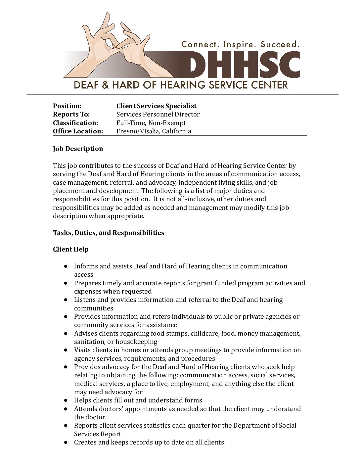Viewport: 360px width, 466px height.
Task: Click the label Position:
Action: pyautogui.click(x=67, y=106)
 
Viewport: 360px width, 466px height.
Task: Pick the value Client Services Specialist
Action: pyautogui.click(x=156, y=106)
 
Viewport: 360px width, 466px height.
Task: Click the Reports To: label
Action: pyautogui.click(x=71, y=114)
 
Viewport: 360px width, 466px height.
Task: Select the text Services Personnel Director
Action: pyautogui.click(x=158, y=114)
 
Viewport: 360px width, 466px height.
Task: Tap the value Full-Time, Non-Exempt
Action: pyautogui.click(x=151, y=123)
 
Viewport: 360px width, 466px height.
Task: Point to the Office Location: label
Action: pyautogui.click(x=78, y=131)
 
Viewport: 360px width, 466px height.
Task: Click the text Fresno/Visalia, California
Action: pyautogui.click(x=154, y=131)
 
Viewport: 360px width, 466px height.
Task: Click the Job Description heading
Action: pyautogui.click(x=78, y=149)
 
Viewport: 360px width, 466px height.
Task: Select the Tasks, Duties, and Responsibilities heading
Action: pyautogui.click(x=109, y=233)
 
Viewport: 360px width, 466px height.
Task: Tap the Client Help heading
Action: pyautogui.click(x=71, y=249)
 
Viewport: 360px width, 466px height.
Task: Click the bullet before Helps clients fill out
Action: pyautogui.click(x=66, y=400)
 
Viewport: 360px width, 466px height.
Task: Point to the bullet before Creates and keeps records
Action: pyautogui.click(x=66, y=443)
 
